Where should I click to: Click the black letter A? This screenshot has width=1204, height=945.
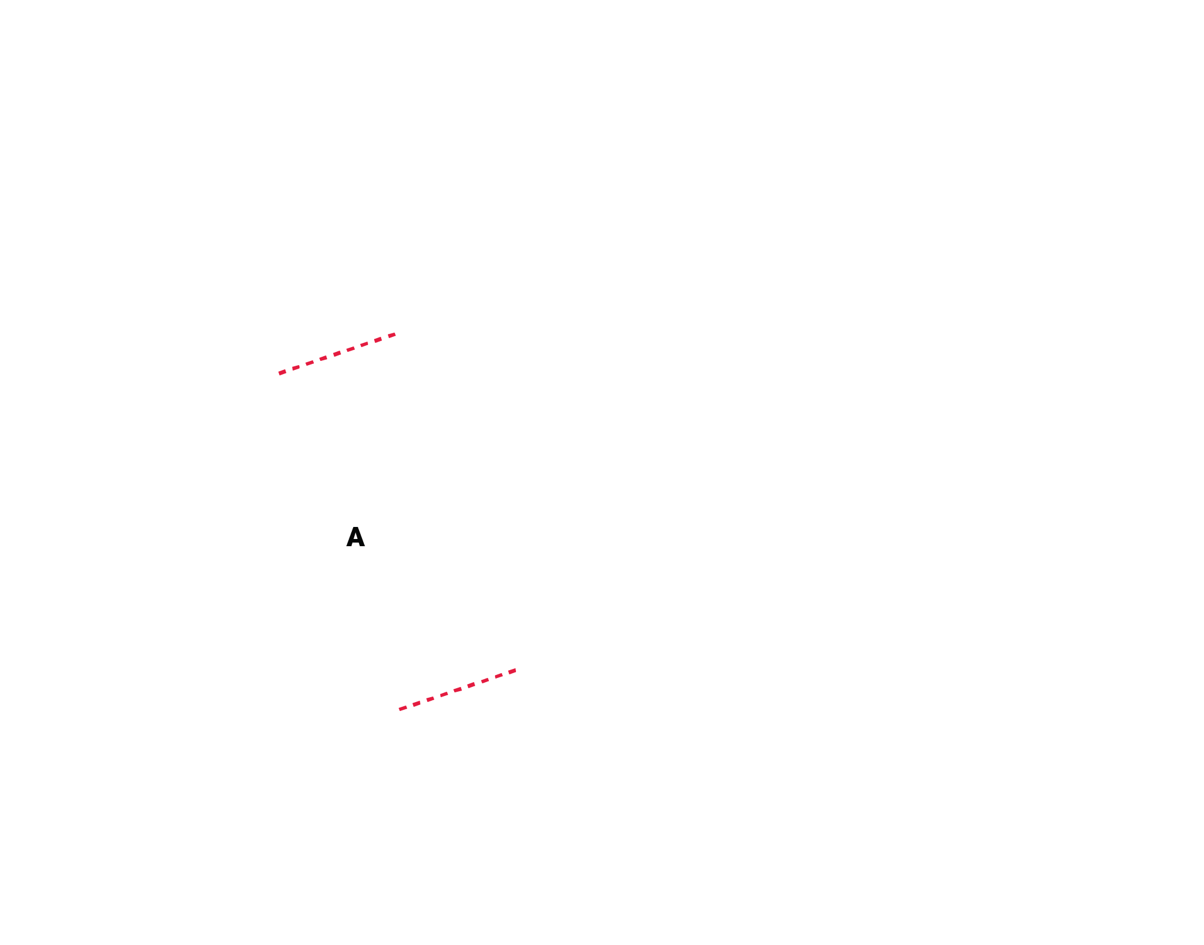tap(355, 537)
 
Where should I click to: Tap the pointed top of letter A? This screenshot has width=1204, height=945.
tap(355, 528)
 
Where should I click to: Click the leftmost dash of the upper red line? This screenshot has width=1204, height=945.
tap(283, 372)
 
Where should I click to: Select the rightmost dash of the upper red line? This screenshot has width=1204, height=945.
tap(392, 335)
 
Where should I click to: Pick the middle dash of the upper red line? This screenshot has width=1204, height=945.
tap(337, 354)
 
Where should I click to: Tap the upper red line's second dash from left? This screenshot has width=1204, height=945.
tap(296, 368)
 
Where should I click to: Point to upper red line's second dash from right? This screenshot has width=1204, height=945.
tap(378, 340)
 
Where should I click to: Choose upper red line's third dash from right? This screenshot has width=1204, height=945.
tap(364, 344)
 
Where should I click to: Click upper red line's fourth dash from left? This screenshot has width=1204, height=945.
tap(323, 358)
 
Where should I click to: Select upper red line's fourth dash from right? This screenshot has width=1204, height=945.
tap(351, 349)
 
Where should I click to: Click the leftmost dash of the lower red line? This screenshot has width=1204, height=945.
tap(403, 708)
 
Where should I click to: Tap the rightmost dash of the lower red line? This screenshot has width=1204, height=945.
tap(512, 671)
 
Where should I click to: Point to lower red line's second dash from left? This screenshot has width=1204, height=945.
tap(416, 704)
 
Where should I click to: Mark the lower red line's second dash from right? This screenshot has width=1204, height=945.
tap(499, 676)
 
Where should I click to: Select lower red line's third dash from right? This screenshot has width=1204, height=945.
tap(485, 680)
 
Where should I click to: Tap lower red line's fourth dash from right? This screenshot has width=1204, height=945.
tap(471, 685)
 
